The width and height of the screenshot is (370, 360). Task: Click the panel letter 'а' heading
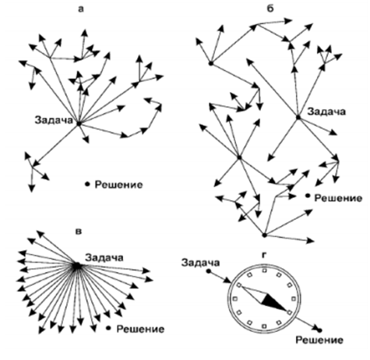click(81, 9)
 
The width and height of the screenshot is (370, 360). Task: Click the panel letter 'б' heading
click(270, 9)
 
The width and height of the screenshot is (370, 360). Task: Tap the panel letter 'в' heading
click(78, 231)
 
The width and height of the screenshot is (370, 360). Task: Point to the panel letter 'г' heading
click(264, 256)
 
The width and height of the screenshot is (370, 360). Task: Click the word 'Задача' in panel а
click(54, 120)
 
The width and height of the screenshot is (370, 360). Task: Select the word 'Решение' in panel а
click(118, 185)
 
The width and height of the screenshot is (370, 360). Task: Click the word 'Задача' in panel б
click(326, 111)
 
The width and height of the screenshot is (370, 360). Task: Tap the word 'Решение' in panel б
click(338, 198)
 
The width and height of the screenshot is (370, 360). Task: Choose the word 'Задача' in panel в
click(104, 258)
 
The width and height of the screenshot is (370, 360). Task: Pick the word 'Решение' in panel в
click(140, 329)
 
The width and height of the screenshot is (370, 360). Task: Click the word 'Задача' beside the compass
click(200, 263)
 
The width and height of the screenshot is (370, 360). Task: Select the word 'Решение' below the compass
click(319, 340)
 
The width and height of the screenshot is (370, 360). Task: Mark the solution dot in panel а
click(87, 184)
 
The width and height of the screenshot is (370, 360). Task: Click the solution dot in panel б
click(308, 196)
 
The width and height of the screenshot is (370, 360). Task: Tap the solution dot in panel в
click(108, 328)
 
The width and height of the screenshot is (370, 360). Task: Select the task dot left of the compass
click(208, 271)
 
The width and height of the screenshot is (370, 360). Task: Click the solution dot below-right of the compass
click(319, 330)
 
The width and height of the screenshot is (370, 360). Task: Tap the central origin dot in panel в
click(77, 266)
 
